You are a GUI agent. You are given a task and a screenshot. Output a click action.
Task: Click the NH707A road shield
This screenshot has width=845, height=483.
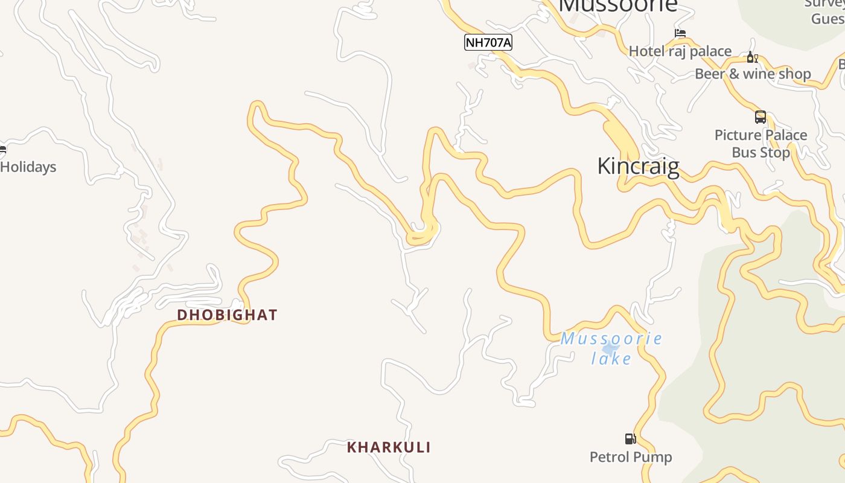[488, 42]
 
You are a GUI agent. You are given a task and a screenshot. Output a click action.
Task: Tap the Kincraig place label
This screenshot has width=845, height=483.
[638, 166]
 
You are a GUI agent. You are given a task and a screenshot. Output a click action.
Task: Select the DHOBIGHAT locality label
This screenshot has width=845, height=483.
[227, 315]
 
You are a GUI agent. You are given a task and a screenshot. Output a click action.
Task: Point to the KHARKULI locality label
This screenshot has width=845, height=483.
[389, 447]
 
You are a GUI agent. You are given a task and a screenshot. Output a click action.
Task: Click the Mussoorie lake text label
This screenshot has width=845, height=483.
[611, 348]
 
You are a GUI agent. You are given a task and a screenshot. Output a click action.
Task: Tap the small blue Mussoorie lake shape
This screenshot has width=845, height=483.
[610, 348]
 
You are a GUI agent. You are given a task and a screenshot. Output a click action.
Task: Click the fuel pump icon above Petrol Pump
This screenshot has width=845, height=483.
[630, 439]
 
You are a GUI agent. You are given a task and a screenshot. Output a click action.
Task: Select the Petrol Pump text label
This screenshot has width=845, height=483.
[631, 457]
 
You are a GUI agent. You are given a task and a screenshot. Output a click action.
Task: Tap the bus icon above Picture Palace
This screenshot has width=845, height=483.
[760, 117]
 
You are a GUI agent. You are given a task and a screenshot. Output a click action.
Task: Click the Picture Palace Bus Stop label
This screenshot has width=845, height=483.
[760, 144]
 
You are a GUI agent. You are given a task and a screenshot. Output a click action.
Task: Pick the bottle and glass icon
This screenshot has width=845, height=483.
[752, 57]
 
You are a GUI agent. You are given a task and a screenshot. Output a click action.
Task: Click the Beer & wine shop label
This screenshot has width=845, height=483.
[753, 74]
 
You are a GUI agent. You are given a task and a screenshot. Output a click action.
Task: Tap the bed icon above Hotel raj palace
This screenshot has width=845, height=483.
[680, 34]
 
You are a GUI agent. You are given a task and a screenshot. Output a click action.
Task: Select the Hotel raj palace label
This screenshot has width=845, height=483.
[680, 51]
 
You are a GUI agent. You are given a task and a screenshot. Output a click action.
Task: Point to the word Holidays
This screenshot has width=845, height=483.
[28, 167]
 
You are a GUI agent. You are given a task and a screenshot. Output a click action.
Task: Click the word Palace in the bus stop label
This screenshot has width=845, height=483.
[783, 135]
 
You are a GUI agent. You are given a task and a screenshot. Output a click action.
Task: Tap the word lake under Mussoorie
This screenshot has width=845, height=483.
[611, 359]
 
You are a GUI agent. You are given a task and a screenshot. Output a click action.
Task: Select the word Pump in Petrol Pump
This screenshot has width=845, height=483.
[653, 457]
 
